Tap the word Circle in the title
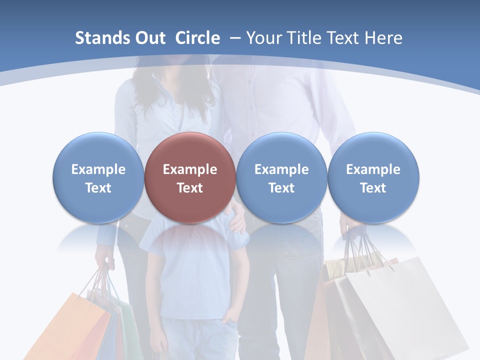pyautogui.click(x=197, y=38)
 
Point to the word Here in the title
pyautogui.click(x=383, y=38)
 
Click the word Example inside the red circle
pyautogui.click(x=190, y=169)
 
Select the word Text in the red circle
pyautogui.click(x=190, y=188)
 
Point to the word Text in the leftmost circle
pyautogui.click(x=98, y=188)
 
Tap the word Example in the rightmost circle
pyautogui.click(x=373, y=169)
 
